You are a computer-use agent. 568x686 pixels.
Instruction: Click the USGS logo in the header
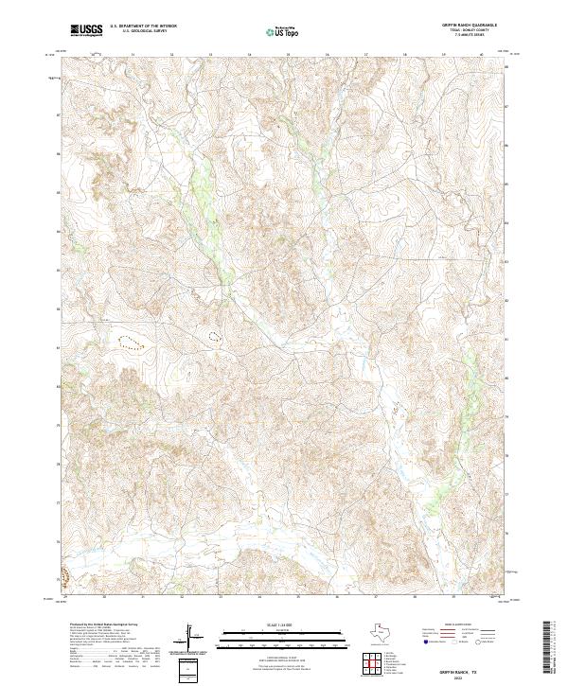(86, 30)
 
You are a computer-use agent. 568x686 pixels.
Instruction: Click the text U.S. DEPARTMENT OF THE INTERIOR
(143, 26)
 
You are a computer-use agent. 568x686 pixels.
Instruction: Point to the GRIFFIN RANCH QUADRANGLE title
(470, 26)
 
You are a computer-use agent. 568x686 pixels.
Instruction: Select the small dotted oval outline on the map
(214, 335)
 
